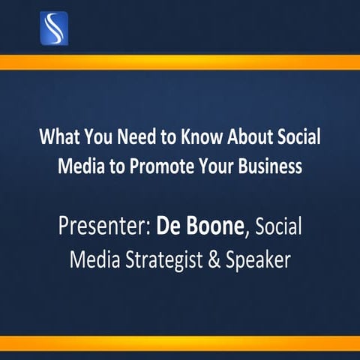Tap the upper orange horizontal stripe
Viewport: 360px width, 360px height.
(180, 62)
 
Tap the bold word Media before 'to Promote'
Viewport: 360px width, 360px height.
(78, 166)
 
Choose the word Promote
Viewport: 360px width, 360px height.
(159, 166)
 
